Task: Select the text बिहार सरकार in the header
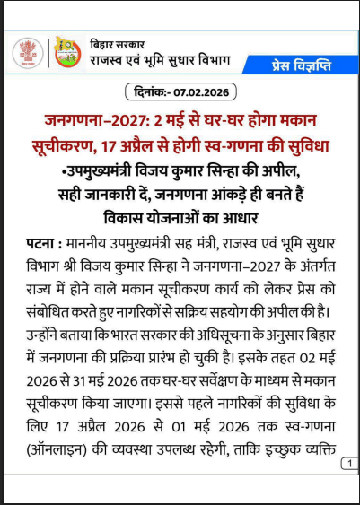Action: coord(119,44)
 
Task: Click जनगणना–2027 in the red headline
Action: coord(84,120)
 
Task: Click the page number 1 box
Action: coord(348,464)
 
